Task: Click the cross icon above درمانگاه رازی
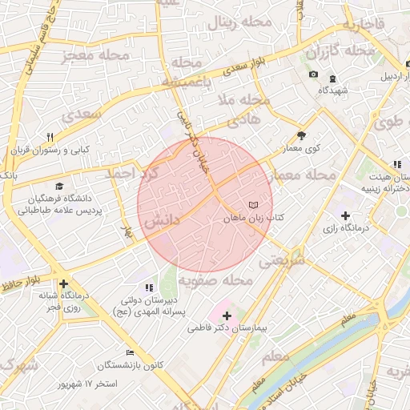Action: click(x=345, y=215)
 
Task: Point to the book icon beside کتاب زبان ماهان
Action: click(x=254, y=205)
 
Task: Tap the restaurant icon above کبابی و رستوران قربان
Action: click(x=50, y=137)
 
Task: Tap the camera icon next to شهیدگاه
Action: click(x=313, y=75)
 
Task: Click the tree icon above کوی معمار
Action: click(x=301, y=136)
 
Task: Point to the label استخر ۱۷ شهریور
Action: click(x=88, y=384)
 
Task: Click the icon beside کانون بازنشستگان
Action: click(x=130, y=353)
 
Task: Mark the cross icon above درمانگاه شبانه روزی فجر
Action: click(x=63, y=283)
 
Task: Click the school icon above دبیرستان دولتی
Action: click(x=149, y=287)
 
